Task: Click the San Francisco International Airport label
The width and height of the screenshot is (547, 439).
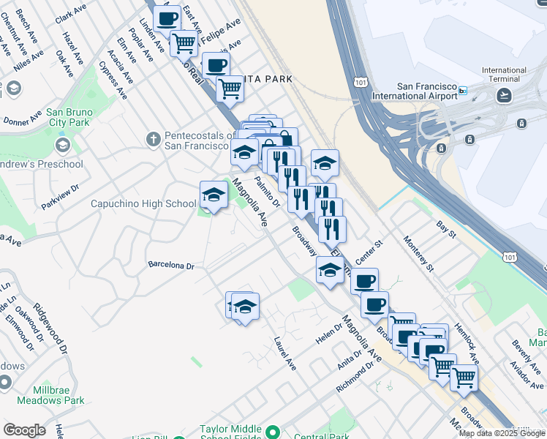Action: [414, 91]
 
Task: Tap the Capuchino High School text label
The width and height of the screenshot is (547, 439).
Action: [143, 204]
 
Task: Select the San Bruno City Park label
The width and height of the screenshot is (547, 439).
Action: [67, 118]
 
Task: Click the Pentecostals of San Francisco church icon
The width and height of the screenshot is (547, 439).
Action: [153, 138]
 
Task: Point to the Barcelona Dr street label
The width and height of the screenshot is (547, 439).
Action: [170, 266]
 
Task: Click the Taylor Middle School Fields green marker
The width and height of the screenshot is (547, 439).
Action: [273, 432]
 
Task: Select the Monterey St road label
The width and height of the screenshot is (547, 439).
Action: [418, 253]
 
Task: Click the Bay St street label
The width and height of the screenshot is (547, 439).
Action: [445, 230]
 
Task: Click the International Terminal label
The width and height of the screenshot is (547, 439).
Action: [504, 75]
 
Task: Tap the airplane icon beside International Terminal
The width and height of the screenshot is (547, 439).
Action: [504, 95]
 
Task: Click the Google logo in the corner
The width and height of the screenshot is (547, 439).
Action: [24, 430]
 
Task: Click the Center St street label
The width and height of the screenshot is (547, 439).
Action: [369, 252]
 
